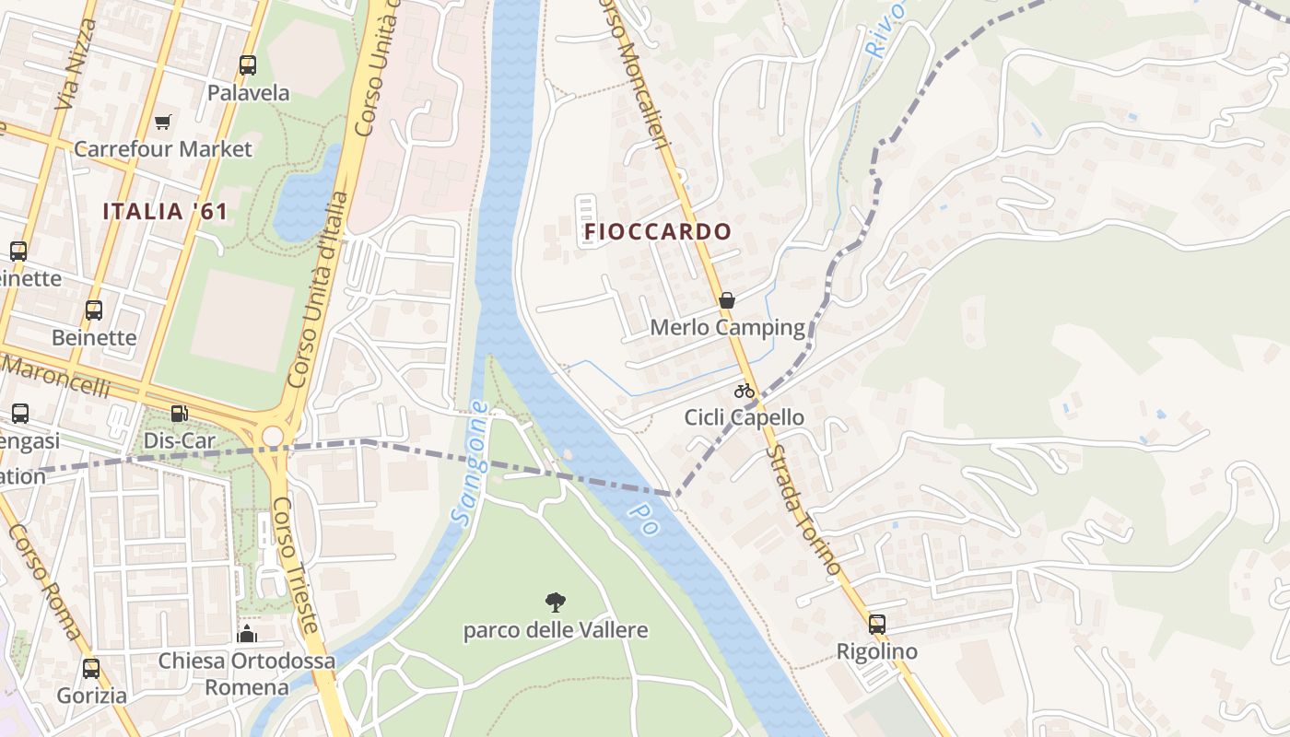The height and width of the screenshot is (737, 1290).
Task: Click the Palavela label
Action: click(248, 93)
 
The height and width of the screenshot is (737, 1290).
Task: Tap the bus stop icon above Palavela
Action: click(247, 65)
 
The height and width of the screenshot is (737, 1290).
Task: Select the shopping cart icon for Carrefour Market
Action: click(163, 122)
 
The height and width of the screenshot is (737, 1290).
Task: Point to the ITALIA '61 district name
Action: click(165, 211)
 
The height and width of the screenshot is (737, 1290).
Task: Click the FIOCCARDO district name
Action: click(657, 231)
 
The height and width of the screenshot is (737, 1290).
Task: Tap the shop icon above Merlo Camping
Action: click(727, 300)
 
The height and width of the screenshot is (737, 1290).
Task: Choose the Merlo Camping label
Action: click(727, 328)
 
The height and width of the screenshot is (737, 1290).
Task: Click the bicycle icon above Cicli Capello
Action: click(745, 391)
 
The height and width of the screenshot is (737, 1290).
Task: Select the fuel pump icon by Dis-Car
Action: click(179, 415)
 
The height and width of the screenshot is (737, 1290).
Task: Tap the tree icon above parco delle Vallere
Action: click(555, 603)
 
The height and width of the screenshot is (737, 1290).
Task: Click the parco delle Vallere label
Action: click(555, 631)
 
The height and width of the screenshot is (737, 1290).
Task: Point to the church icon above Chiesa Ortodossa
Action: click(246, 634)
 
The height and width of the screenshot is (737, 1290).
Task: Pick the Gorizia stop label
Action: click(91, 696)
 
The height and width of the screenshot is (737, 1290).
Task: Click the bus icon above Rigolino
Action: click(876, 625)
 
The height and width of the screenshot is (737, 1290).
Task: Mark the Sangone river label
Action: click(469, 463)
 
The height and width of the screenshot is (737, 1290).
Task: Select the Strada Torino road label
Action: click(803, 509)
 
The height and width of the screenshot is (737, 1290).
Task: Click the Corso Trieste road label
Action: click(296, 565)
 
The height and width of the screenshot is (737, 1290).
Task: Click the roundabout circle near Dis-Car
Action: click(272, 435)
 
